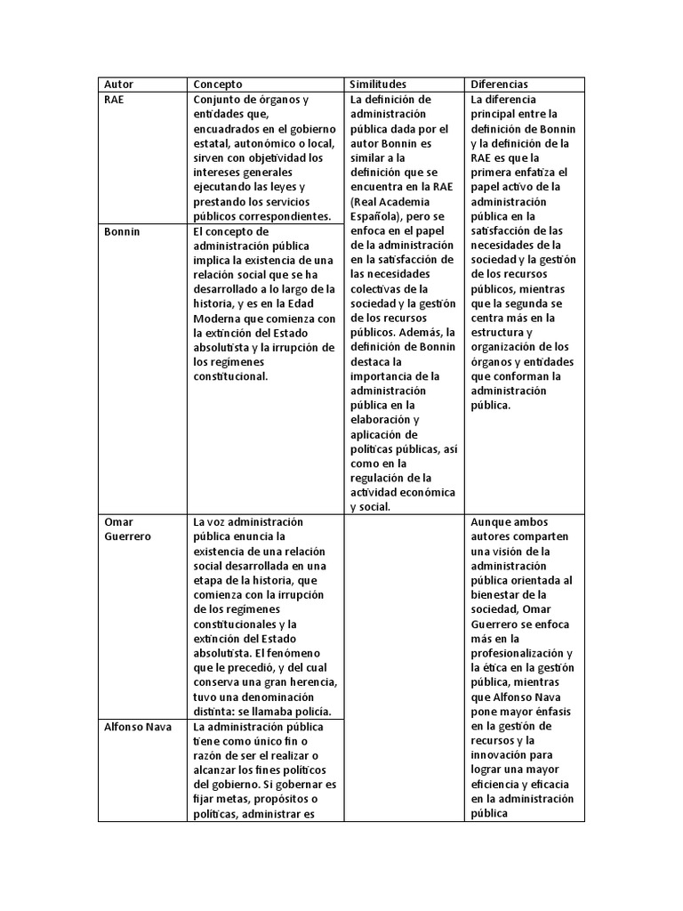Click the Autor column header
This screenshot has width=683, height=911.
[118, 84]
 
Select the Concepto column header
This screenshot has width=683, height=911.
[218, 84]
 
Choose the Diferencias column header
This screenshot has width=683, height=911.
[500, 84]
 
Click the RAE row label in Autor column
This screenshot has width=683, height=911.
[114, 100]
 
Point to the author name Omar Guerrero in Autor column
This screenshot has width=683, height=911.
[127, 529]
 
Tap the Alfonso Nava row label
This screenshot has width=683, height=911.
[137, 726]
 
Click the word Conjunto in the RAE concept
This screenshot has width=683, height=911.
[220, 100]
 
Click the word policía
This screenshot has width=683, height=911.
[309, 711]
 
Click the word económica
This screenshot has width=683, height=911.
[430, 492]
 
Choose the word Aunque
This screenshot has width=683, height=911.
[493, 522]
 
